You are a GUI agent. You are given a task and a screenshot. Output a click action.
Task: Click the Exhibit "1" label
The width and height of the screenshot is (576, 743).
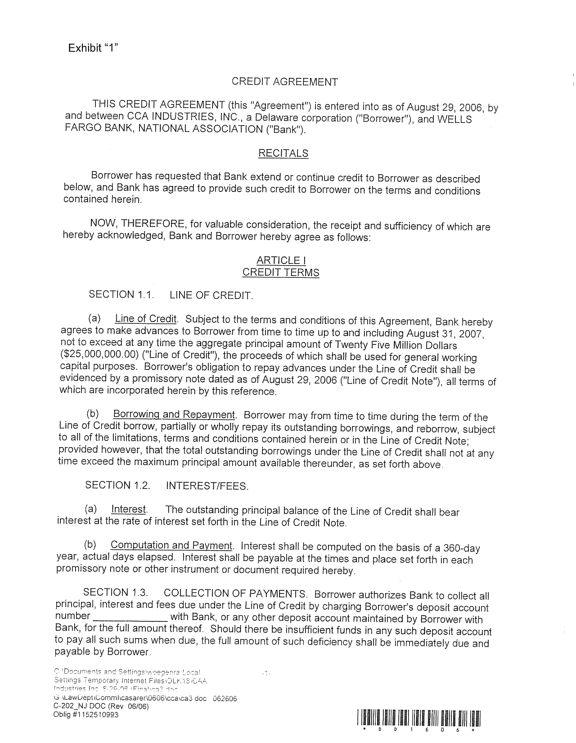click(x=93, y=48)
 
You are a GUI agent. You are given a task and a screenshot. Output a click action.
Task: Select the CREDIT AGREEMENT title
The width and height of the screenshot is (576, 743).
click(x=284, y=82)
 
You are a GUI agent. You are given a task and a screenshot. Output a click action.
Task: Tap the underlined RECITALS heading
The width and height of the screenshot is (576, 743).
click(x=283, y=153)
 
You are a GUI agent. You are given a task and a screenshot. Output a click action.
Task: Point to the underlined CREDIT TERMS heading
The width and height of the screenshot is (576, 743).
click(x=281, y=272)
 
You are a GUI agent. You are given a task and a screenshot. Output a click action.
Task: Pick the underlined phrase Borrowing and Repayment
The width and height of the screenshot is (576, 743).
click(x=174, y=414)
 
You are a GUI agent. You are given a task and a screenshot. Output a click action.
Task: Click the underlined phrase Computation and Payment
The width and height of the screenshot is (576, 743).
click(x=171, y=545)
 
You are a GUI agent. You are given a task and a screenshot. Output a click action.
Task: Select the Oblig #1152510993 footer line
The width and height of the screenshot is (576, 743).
click(x=86, y=715)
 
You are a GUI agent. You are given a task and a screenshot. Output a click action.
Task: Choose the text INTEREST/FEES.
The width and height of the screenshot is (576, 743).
click(x=207, y=486)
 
